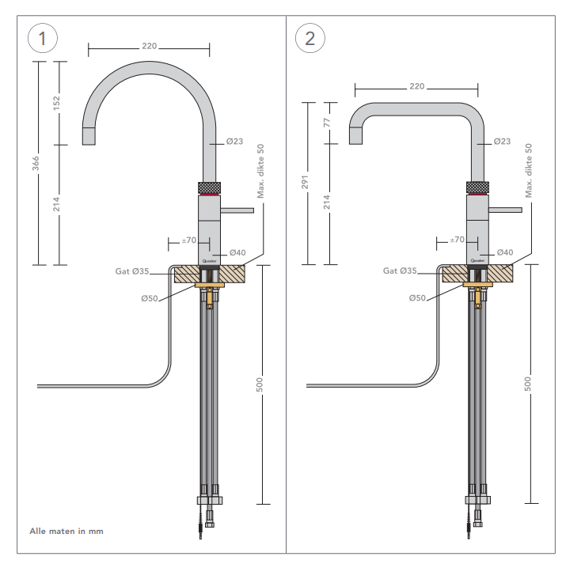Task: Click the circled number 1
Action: tap(40, 38)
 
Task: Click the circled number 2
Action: tap(309, 38)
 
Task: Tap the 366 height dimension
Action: tap(37, 163)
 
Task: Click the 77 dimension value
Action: tap(325, 123)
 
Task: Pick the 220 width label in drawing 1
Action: tap(149, 46)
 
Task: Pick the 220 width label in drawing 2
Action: tap(417, 85)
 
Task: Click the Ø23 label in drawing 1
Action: tap(234, 142)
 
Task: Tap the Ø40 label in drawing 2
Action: tap(505, 252)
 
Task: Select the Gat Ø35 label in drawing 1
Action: tap(131, 271)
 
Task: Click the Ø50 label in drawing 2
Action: tap(418, 298)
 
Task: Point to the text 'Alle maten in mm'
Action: tap(66, 531)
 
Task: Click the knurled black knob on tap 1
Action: tap(211, 187)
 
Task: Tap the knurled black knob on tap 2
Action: tap(479, 187)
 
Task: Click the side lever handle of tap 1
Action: tap(238, 210)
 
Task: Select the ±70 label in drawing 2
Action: tap(457, 239)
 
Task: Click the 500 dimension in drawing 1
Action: tap(260, 384)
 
